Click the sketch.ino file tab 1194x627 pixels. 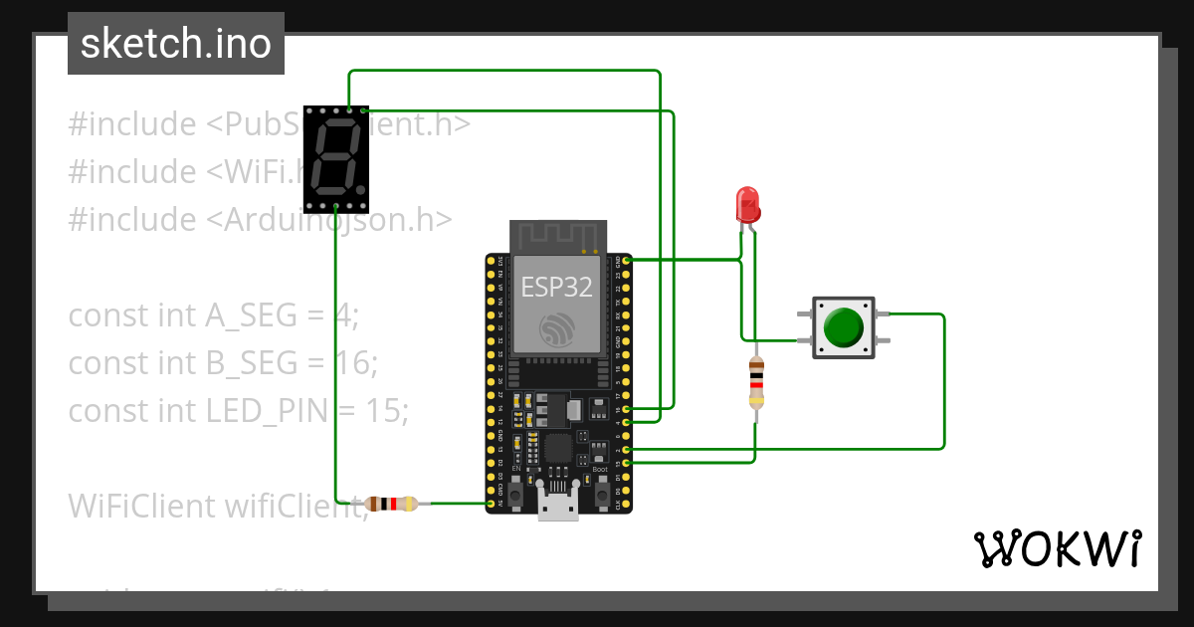175,44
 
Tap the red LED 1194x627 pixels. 746,205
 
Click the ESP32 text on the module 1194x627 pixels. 557,288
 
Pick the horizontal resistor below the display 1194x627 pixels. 391,504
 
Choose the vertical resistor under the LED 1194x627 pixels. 756,383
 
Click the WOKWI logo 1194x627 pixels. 1056,548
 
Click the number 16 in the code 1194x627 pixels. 345,363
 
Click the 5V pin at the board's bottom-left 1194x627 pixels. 491,505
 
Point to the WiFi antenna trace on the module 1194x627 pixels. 557,237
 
